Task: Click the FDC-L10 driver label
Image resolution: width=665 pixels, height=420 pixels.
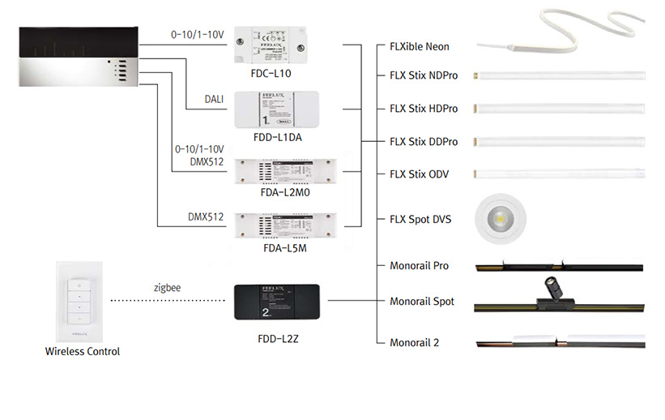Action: point(271,73)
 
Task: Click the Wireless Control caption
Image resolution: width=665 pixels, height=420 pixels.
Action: point(83,351)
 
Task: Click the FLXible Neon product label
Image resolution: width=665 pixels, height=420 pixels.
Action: point(419,47)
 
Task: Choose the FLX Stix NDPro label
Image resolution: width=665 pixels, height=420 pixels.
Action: point(424,75)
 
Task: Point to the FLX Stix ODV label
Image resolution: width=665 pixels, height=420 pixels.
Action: point(419,174)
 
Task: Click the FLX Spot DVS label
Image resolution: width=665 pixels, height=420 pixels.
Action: point(420,219)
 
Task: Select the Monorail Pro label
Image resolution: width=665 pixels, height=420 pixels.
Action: point(419,266)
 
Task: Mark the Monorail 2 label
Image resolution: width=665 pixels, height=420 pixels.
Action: point(414,342)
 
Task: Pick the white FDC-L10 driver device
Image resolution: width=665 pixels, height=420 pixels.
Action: point(271,45)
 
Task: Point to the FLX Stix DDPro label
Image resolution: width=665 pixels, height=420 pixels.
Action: point(424,142)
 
